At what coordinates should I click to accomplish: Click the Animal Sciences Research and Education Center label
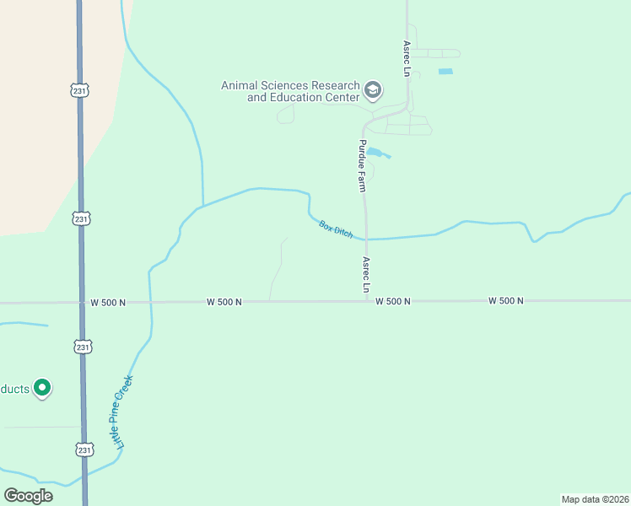tap(289, 91)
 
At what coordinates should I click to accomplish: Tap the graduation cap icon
tap(373, 89)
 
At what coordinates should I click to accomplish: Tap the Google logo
tap(29, 496)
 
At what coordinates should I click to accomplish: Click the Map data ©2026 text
tap(596, 499)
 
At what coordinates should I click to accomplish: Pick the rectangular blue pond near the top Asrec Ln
tap(445, 72)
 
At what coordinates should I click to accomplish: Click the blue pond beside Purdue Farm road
tap(378, 153)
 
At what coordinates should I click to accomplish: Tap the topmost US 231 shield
tap(80, 89)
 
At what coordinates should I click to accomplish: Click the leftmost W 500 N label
tap(107, 302)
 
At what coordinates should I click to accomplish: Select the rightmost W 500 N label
tap(506, 301)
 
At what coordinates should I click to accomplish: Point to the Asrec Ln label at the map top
tap(406, 58)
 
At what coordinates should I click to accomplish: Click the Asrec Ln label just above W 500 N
tap(367, 275)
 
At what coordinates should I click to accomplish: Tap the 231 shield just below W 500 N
tap(82, 347)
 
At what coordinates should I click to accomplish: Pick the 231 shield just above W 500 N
tap(81, 218)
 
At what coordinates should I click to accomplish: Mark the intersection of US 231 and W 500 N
tap(82, 302)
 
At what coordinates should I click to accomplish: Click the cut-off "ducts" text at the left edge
tap(15, 389)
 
